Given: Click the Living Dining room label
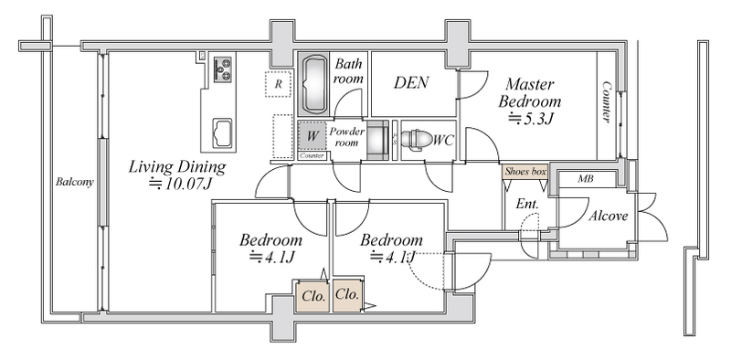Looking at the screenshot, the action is [x=177, y=166].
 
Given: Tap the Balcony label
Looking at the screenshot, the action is [x=75, y=182].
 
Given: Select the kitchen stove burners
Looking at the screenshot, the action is [x=223, y=69].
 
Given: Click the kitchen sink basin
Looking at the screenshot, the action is [x=222, y=132].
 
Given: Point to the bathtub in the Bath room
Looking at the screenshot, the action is [x=313, y=84].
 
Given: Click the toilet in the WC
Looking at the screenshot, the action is [x=417, y=139].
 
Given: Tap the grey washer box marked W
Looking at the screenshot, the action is [x=312, y=136].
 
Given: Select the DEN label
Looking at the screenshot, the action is [x=410, y=83].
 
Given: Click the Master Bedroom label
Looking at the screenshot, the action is [x=530, y=92].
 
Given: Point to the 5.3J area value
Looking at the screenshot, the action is [x=530, y=120].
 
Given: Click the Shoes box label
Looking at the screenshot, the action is [x=525, y=171].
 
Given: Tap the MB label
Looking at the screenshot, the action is [x=586, y=178].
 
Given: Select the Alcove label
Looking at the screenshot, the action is [x=608, y=216].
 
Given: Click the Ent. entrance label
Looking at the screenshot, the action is [x=527, y=204].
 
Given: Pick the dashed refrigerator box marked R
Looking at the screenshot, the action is [x=278, y=84].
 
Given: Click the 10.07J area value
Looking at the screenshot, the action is [x=180, y=184].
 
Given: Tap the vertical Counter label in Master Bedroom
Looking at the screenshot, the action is [x=607, y=102].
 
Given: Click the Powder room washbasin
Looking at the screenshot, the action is [x=377, y=140].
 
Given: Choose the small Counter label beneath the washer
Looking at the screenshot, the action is [x=312, y=155].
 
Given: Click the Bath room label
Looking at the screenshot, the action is [x=348, y=71].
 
